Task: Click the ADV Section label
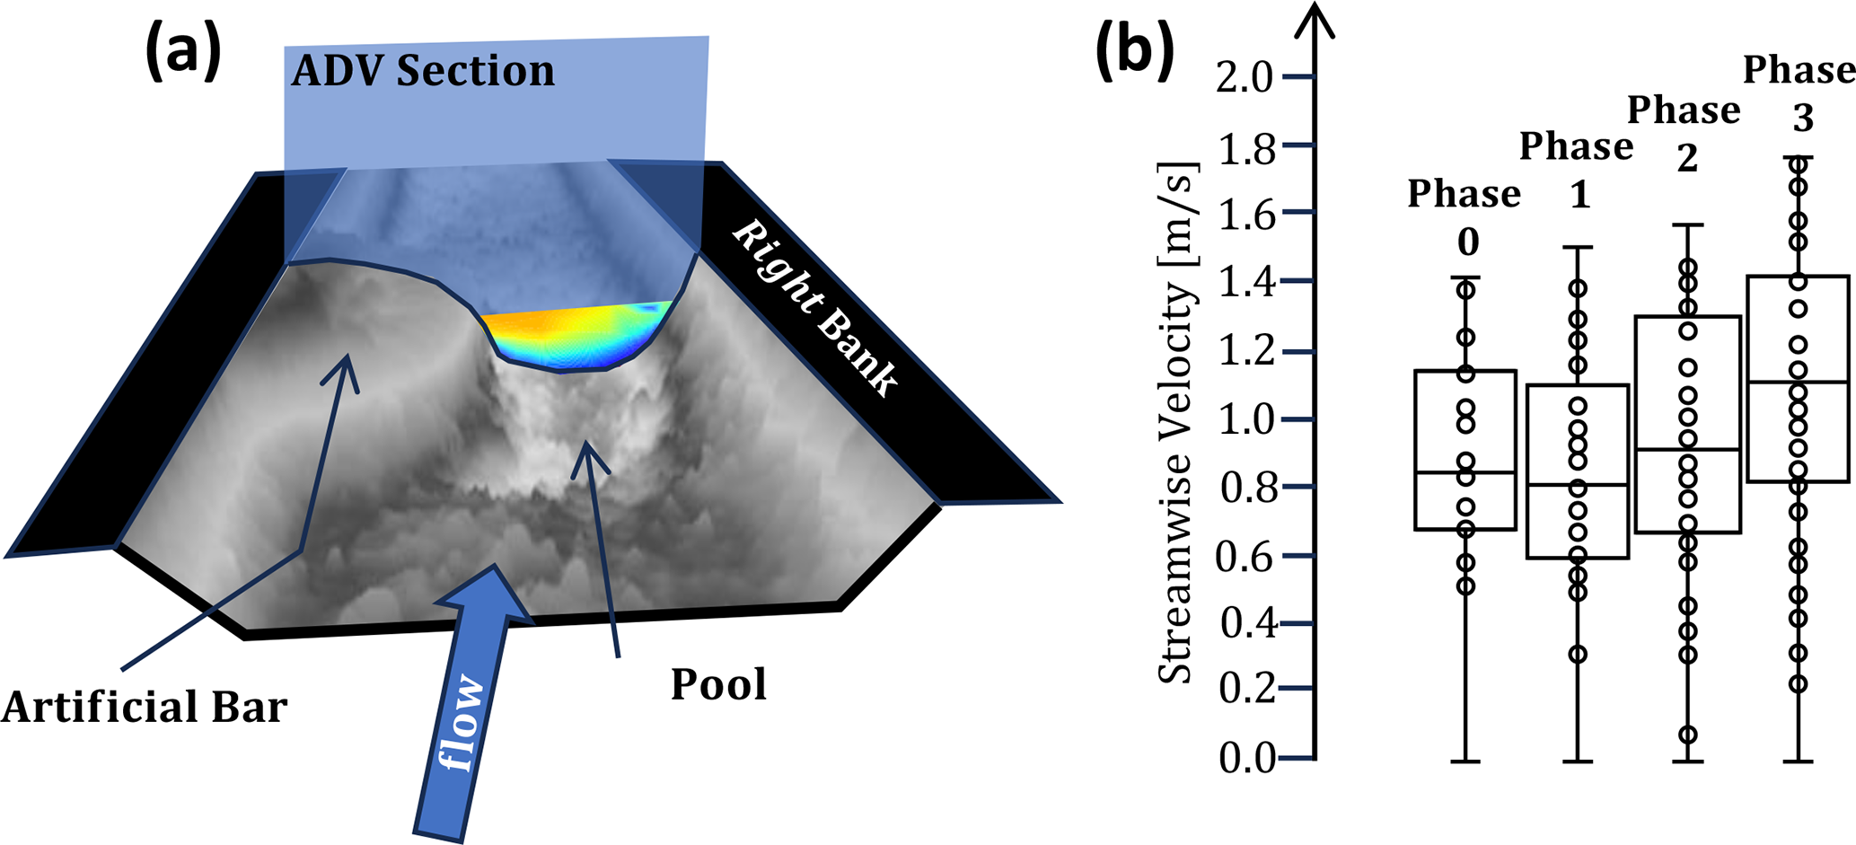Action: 423,71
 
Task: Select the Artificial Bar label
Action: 145,707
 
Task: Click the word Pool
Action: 718,685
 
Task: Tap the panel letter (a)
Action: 183,52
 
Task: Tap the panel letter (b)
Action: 1135,52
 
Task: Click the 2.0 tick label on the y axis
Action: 1245,78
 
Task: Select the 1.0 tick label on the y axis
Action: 1246,419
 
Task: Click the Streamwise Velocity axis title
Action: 1177,422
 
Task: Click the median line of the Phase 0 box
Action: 1465,472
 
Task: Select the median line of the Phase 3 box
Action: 1799,382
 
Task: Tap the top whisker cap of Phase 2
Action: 1688,225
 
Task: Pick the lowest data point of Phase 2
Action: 1688,735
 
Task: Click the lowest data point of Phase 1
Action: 1578,654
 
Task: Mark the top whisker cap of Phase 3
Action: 1799,157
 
